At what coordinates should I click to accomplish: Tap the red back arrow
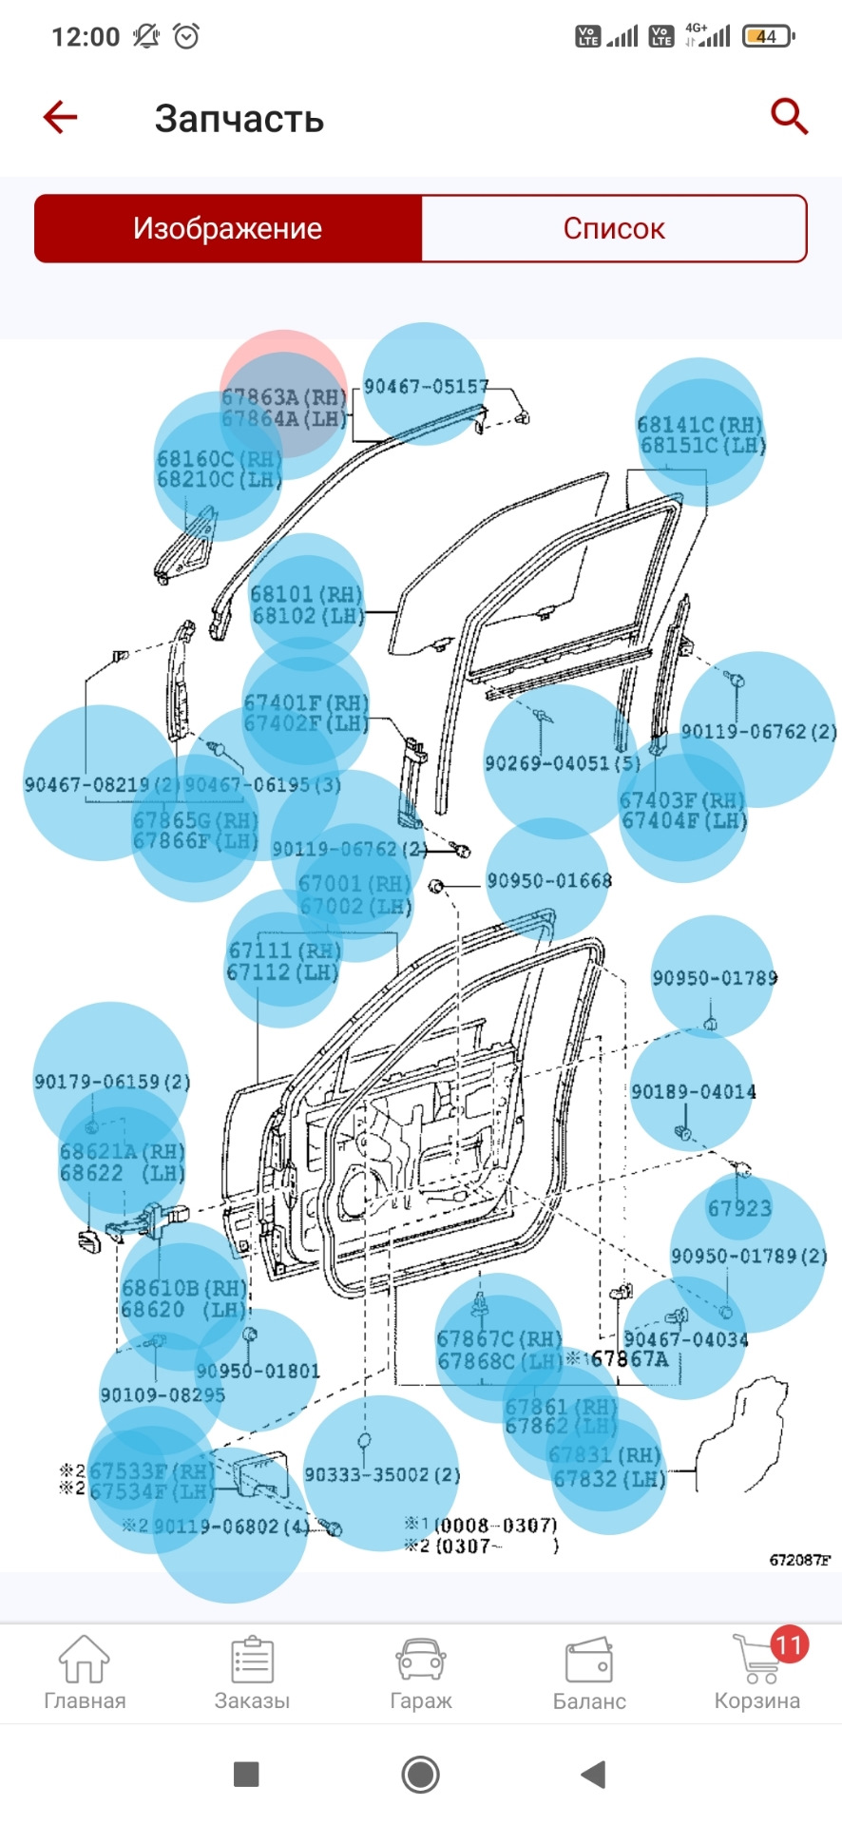[60, 118]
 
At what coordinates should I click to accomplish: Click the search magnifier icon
[788, 117]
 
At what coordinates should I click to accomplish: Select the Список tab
[614, 229]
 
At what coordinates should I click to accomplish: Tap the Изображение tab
[228, 229]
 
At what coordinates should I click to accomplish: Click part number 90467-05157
[426, 386]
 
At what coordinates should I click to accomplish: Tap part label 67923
[739, 1208]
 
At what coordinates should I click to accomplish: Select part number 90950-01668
[548, 881]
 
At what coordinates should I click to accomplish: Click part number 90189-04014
[693, 1092]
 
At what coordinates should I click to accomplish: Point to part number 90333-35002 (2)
[381, 1474]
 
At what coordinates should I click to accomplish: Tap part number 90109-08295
[163, 1394]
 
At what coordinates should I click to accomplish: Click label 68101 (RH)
[306, 594]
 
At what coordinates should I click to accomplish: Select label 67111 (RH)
[283, 951]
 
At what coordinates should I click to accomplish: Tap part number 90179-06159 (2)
[112, 1082]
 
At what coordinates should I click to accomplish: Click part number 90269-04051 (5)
[562, 763]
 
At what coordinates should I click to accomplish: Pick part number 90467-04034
[685, 1339]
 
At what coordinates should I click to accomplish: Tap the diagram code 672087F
[799, 1560]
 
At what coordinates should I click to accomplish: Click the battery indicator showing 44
[768, 37]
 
